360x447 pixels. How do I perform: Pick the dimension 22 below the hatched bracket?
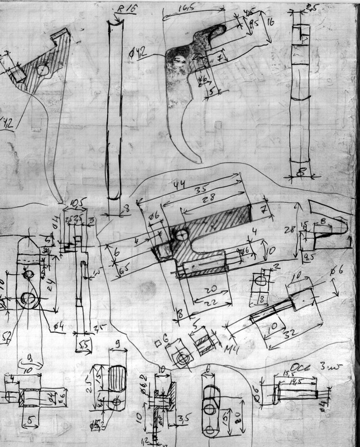coord(209,302)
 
